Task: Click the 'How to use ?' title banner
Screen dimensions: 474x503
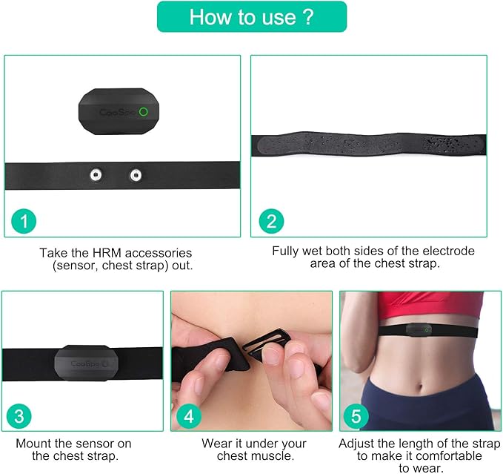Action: pos(251,16)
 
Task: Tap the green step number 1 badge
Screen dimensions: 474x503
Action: pos(25,220)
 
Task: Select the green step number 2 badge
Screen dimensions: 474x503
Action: pos(271,220)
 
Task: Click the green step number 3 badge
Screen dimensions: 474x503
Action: pos(20,416)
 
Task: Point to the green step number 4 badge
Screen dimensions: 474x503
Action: pos(189,416)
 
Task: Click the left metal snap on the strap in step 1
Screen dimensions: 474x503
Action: pos(95,175)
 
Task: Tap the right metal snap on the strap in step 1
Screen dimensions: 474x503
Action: pos(135,175)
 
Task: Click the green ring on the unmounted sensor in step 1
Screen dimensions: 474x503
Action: pos(144,112)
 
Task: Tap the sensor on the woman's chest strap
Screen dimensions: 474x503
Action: pos(422,328)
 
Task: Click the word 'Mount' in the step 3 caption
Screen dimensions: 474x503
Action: pos(33,444)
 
